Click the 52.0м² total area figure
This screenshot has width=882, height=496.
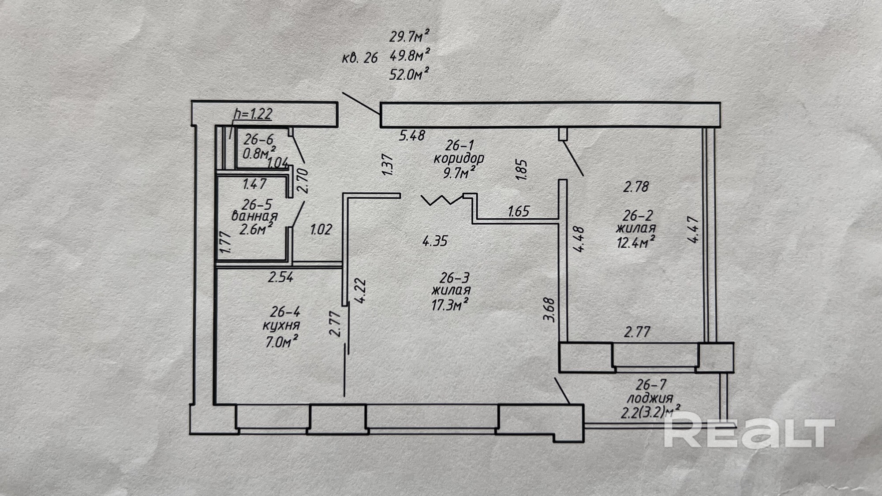(x=409, y=74)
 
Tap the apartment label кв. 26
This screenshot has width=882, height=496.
(x=360, y=57)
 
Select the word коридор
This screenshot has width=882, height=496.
(x=459, y=158)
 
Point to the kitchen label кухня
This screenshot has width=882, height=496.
(x=281, y=326)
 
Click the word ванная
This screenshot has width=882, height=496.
(x=254, y=216)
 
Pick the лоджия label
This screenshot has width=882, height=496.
(x=650, y=399)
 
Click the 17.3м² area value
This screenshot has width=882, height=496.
(x=450, y=304)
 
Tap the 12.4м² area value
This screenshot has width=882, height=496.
(x=635, y=242)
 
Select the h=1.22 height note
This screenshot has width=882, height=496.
(x=253, y=114)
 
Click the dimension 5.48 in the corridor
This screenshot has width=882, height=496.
(x=412, y=135)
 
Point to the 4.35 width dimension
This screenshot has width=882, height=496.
(x=435, y=241)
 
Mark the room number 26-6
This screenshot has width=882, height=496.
(x=258, y=140)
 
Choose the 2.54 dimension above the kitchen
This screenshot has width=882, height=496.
(x=280, y=277)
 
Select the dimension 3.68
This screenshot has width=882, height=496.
(x=550, y=310)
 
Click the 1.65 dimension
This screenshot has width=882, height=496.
(x=518, y=211)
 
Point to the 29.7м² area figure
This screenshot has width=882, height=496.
(x=409, y=36)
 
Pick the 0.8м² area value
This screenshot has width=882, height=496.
(x=259, y=153)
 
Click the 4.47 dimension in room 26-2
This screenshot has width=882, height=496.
(x=693, y=229)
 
